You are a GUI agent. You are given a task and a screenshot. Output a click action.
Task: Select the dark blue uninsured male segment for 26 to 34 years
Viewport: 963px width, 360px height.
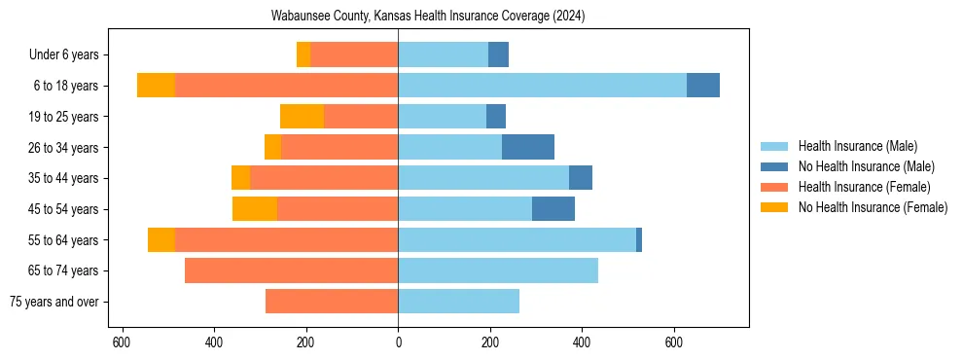click(528, 147)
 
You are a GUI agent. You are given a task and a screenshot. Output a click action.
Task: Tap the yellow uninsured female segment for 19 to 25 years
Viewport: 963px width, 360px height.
click(302, 117)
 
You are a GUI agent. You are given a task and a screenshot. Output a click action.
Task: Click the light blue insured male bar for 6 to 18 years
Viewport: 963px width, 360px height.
click(542, 86)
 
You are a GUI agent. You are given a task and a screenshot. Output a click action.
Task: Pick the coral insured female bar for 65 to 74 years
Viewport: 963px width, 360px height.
click(291, 270)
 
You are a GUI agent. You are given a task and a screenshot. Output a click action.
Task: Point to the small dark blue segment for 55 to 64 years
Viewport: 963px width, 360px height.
click(639, 239)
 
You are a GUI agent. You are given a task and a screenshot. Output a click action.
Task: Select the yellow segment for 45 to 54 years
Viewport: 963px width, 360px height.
click(255, 209)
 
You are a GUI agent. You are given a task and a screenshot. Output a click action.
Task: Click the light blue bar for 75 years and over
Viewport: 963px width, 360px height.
click(458, 302)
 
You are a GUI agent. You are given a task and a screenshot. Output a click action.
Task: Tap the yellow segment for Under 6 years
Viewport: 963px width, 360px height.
click(303, 55)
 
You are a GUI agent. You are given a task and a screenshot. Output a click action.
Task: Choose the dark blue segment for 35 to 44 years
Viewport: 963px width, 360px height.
click(581, 178)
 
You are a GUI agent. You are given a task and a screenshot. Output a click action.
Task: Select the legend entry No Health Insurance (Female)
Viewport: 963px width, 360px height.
click(873, 207)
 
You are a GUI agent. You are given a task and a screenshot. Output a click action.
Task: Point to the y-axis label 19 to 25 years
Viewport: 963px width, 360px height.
click(64, 117)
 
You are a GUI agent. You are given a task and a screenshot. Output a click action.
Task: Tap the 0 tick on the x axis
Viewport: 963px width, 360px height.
click(398, 342)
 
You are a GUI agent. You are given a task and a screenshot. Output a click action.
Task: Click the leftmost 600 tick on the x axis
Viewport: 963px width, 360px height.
click(122, 342)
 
